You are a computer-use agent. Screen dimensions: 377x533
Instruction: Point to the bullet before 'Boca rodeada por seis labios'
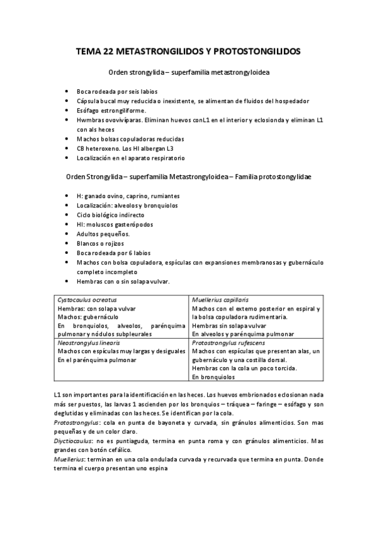point(67,91)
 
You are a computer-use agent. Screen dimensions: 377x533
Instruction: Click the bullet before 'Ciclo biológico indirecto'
point(67,215)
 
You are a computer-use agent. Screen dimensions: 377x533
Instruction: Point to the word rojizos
point(113,243)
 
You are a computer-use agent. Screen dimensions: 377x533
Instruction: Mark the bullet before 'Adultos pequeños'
point(67,234)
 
